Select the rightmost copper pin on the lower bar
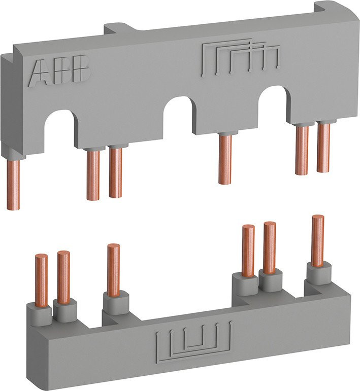[318, 241]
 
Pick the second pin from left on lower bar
[63, 277]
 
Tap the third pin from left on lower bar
[113, 269]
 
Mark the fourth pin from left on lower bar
[248, 251]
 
